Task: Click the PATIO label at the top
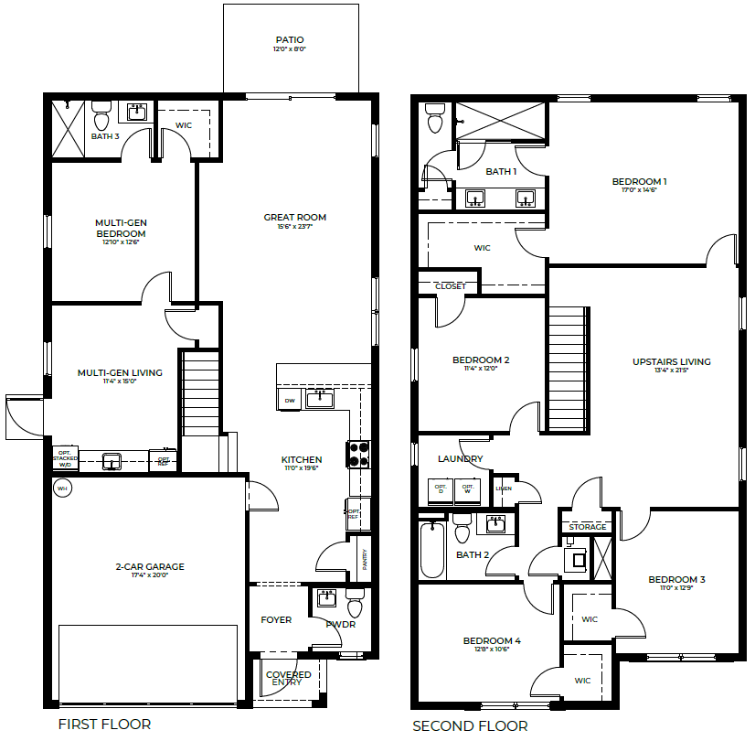(290, 40)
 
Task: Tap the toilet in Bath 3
(101, 118)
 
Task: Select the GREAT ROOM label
(294, 218)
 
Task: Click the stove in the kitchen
(357, 454)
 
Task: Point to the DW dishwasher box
(289, 400)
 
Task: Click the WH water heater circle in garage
(63, 489)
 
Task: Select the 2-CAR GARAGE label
(149, 567)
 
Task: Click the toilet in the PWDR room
(355, 606)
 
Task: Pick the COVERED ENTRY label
(288, 678)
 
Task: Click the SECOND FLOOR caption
(469, 726)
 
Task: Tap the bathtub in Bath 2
(431, 549)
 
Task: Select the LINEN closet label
(504, 489)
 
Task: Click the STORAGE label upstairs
(587, 527)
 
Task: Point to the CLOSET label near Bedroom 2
(450, 286)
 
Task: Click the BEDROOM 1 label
(639, 182)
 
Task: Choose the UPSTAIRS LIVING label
(671, 362)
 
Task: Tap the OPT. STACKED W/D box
(65, 458)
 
